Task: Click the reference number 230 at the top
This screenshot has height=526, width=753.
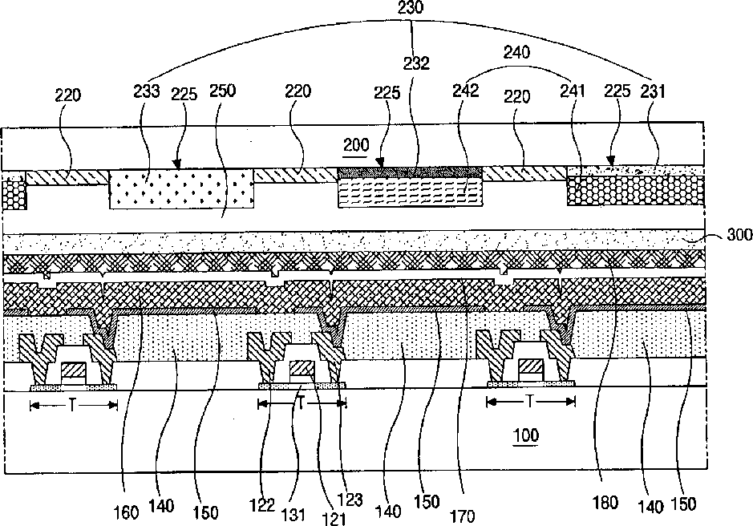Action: tap(412, 9)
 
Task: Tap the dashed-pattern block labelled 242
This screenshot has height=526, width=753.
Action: tap(410, 193)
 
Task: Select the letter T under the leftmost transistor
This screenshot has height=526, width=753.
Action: tap(73, 406)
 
